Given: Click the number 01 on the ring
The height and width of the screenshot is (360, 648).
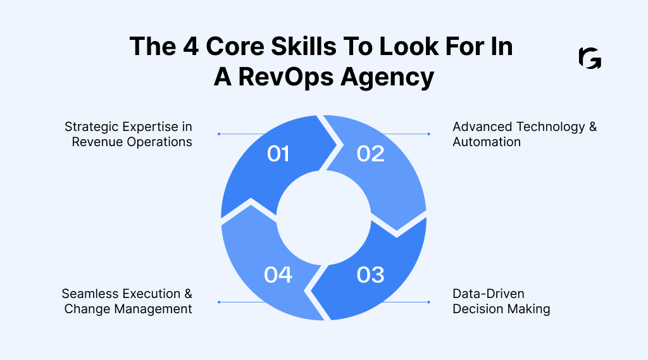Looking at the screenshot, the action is [278, 153].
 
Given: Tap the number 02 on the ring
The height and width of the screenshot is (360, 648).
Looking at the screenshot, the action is [370, 153].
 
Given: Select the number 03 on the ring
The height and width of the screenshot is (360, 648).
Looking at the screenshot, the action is [370, 275].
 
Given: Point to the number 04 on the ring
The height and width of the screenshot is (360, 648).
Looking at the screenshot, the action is [278, 275].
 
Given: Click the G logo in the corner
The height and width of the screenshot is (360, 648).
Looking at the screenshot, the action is [590, 58].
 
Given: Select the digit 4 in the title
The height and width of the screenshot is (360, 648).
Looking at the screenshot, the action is [202, 47].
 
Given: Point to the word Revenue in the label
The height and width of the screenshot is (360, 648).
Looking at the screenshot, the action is [97, 142].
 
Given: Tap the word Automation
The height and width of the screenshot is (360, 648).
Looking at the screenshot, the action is [487, 142].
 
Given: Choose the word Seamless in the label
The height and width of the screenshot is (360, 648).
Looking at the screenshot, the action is [89, 294].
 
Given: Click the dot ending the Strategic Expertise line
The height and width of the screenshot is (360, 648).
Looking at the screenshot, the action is [219, 134].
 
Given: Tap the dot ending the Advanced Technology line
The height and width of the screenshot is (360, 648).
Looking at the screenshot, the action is [429, 134].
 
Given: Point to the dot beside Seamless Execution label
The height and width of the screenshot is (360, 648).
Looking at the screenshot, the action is [219, 302].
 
